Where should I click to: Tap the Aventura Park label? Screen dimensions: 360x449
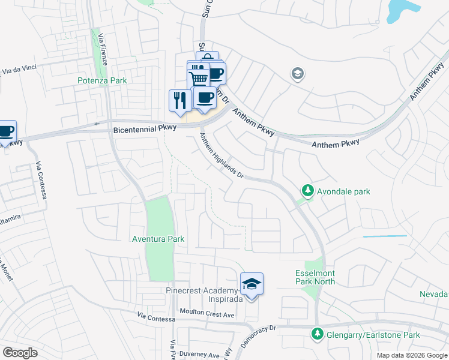[x=158, y=239]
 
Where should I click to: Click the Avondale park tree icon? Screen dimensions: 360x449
[x=307, y=191]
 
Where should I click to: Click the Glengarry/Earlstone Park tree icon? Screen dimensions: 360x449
[x=316, y=334]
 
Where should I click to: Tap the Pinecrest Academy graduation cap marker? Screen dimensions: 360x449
[x=252, y=284]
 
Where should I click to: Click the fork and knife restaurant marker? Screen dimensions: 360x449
[x=179, y=100]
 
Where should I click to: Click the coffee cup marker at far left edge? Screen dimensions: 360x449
[x=6, y=131]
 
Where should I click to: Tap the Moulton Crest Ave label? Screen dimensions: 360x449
[x=206, y=314]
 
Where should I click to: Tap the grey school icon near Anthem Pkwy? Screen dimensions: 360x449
[x=297, y=74]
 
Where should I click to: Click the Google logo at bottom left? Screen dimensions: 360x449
[x=20, y=353]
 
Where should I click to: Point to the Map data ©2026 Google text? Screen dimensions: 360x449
[x=412, y=355]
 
